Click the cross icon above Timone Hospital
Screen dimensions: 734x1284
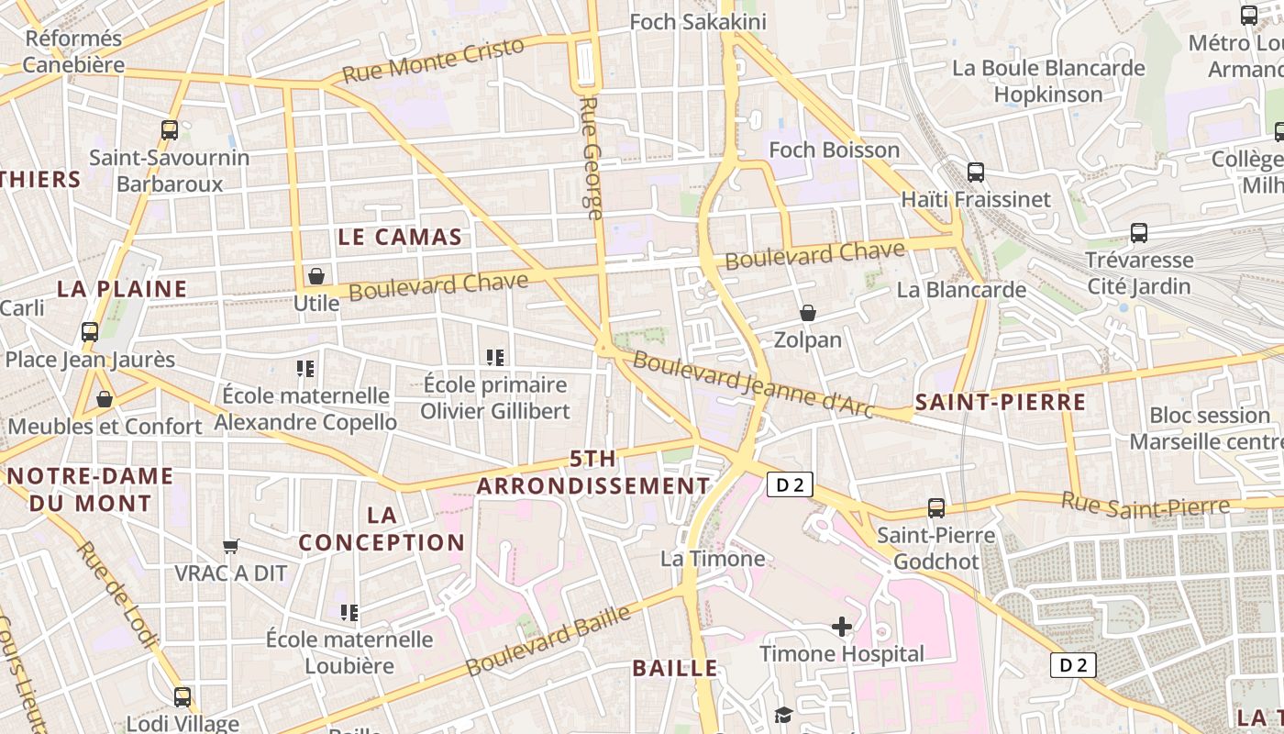(841, 627)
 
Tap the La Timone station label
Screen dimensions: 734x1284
(713, 559)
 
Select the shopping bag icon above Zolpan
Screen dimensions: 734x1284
(808, 313)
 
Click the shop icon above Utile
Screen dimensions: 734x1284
(316, 275)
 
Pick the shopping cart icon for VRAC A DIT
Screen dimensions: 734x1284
(231, 546)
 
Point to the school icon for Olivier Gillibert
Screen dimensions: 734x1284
(495, 357)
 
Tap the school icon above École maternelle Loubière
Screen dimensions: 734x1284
(349, 612)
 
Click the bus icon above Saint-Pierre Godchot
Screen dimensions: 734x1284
(936, 507)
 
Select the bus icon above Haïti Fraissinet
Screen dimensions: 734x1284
(976, 172)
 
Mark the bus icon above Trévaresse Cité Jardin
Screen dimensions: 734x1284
(1139, 233)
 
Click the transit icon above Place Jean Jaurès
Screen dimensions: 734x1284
(90, 332)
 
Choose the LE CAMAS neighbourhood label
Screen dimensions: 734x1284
(400, 237)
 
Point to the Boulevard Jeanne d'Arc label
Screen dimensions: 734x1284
(752, 384)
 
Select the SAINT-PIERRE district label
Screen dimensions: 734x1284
(1001, 402)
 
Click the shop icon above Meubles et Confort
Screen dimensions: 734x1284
(105, 399)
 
